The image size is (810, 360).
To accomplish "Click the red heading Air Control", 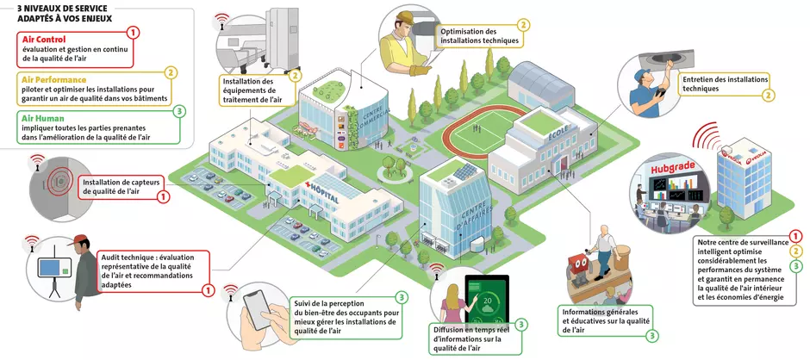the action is pos(44,40).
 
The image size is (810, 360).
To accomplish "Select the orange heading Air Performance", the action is pos(54,79).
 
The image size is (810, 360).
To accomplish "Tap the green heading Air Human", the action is pos(43,118).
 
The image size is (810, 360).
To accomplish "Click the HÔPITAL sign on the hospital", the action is pos(323,192).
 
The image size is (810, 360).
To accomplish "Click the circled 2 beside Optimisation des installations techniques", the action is pos(523,24).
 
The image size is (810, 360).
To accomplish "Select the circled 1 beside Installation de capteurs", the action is pos(162,196).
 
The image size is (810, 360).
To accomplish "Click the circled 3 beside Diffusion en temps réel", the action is pos(521,325).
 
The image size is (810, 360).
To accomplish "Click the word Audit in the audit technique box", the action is pos(112,258).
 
